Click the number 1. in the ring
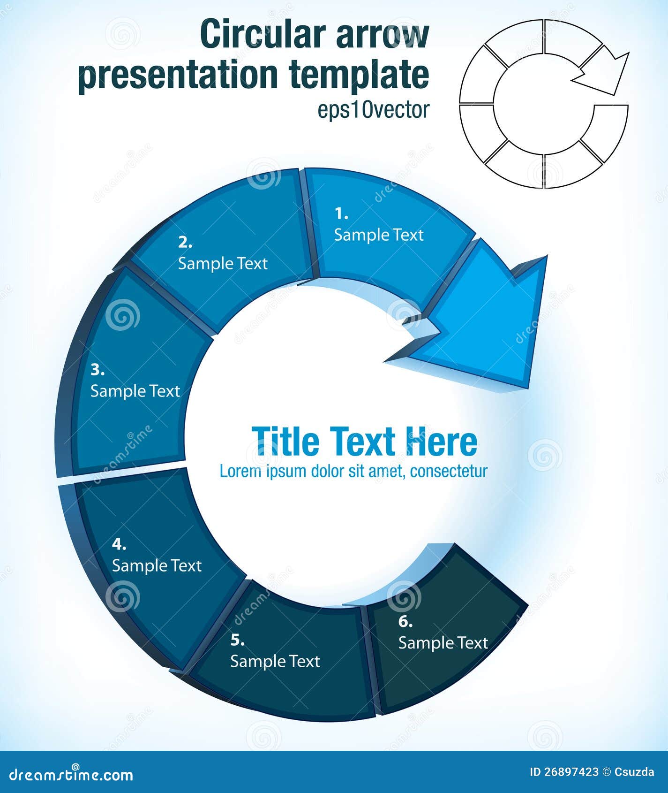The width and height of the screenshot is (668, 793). (341, 214)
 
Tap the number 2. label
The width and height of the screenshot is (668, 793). (185, 243)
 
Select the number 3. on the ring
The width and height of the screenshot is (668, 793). (98, 370)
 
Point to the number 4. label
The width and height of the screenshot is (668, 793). (119, 544)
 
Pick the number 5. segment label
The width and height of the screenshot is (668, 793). (237, 640)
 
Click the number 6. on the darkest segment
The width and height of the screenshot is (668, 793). (405, 622)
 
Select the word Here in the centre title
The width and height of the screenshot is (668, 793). (442, 441)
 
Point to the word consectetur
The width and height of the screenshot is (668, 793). (449, 471)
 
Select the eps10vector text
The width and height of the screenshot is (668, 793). (374, 110)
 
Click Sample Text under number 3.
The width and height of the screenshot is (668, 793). (135, 391)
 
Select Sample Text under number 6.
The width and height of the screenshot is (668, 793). (443, 643)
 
